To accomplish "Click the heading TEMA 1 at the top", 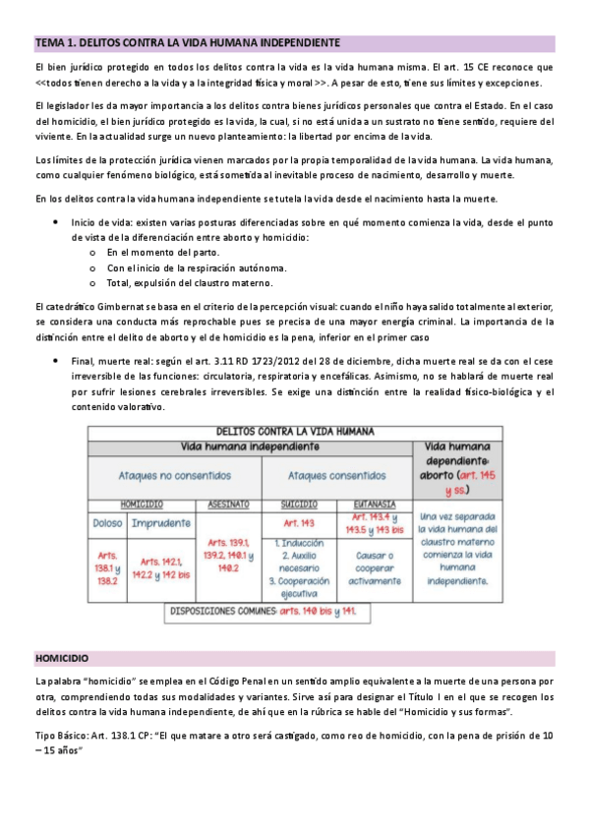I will pyautogui.click(x=188, y=43).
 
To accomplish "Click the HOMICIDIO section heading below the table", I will pyautogui.click(x=62, y=657).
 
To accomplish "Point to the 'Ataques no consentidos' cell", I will pyautogui.click(x=174, y=474).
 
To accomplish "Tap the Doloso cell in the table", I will pyautogui.click(x=106, y=522).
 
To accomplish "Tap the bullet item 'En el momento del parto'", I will pyautogui.click(x=162, y=252).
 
